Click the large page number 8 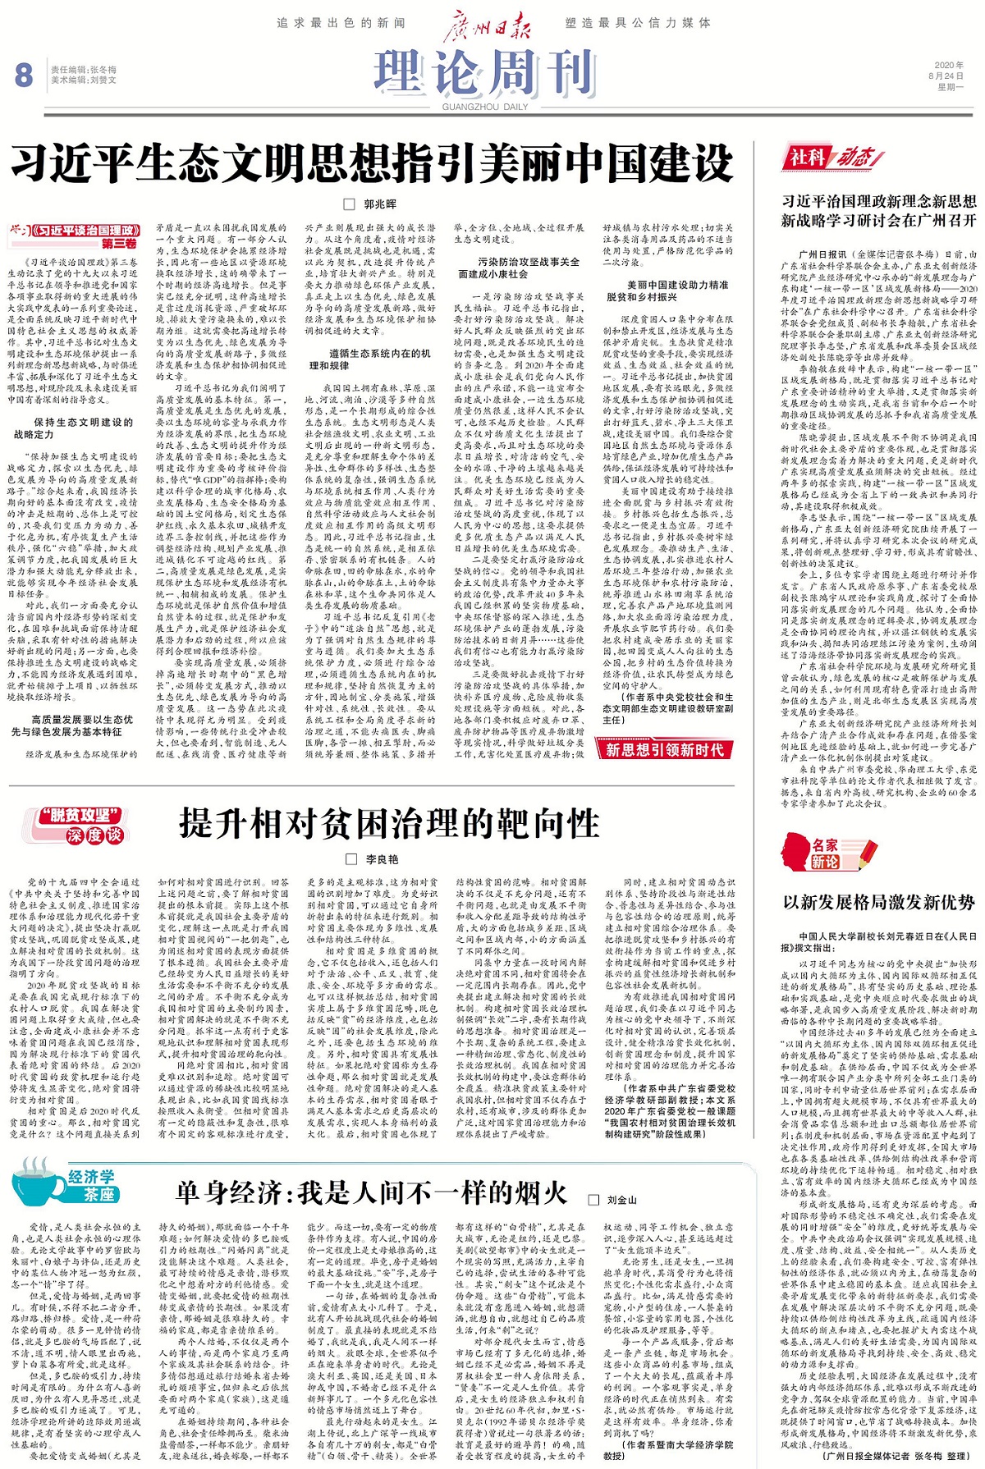pyautogui.click(x=24, y=76)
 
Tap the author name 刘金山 pyautogui.click(x=621, y=1200)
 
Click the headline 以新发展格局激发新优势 pyautogui.click(x=878, y=902)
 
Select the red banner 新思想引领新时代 pyautogui.click(x=664, y=749)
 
